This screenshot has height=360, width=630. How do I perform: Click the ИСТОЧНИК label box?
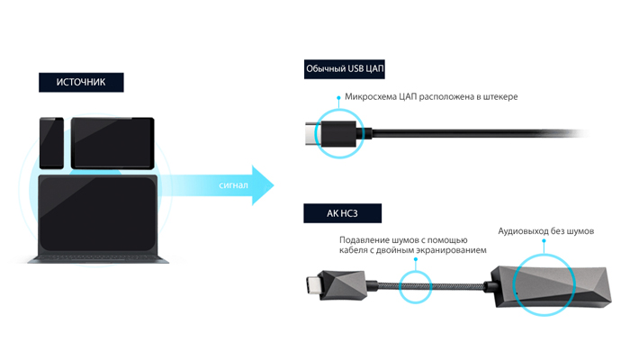(81, 82)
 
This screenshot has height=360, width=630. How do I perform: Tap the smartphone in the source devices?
(51, 142)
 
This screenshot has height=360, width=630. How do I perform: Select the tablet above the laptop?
(112, 142)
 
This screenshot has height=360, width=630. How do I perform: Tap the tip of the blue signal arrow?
(272, 184)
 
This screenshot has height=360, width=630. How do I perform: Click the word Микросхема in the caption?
(375, 96)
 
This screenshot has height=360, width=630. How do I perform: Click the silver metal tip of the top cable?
(310, 135)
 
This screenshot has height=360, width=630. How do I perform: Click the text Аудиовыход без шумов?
(544, 231)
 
